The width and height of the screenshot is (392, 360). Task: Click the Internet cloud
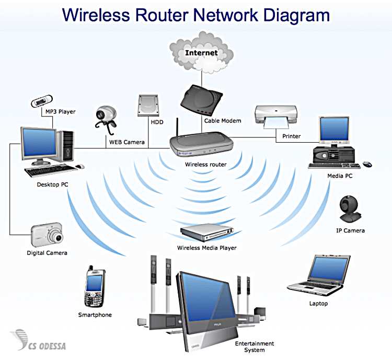pyautogui.click(x=201, y=52)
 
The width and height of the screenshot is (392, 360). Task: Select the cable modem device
pyautogui.click(x=201, y=99)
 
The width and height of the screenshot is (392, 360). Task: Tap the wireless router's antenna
pyautogui.click(x=177, y=127)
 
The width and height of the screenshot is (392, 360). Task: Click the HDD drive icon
pyautogui.click(x=148, y=105)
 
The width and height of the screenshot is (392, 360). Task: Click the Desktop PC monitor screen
pyautogui.click(x=39, y=143)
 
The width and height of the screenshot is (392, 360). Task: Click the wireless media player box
pyautogui.click(x=207, y=233)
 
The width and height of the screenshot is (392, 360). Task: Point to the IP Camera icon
pyautogui.click(x=350, y=210)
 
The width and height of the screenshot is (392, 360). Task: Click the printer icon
pyautogui.click(x=276, y=117)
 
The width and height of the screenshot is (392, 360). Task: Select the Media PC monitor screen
pyautogui.click(x=335, y=129)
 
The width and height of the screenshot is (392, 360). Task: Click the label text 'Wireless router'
pyautogui.click(x=206, y=165)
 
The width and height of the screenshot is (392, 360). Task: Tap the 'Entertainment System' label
pyautogui.click(x=255, y=347)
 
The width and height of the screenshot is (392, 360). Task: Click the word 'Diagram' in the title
pyautogui.click(x=296, y=16)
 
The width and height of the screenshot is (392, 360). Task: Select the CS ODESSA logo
pyautogui.click(x=38, y=340)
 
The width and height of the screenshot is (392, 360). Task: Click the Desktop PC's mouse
pyautogui.click(x=80, y=166)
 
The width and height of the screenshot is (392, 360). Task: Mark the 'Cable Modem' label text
pyautogui.click(x=223, y=121)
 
